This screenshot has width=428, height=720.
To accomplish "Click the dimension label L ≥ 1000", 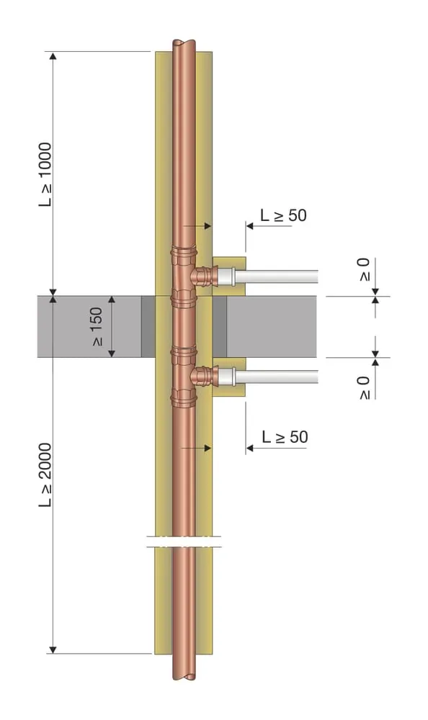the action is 45,174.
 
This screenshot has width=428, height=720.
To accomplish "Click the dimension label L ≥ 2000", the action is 45,474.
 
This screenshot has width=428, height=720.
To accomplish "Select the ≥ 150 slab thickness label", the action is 97,326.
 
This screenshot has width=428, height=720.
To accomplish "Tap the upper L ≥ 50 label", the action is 283,215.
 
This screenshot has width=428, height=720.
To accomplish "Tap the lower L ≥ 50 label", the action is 285,437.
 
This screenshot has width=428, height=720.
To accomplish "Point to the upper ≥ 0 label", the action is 364,269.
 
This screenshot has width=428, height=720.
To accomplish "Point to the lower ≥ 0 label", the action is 364,388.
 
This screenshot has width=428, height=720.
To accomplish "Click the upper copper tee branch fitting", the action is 202,276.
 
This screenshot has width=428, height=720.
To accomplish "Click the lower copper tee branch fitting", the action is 202,377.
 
